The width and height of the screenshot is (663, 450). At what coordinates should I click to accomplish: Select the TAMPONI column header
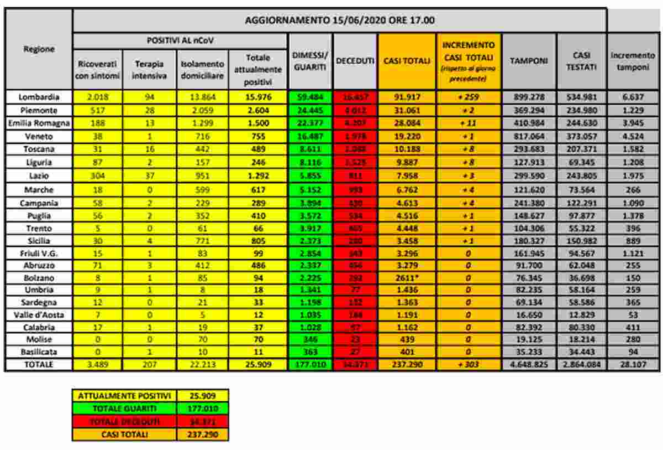click(529, 61)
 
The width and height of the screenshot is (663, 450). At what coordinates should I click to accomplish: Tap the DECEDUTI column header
click(355, 61)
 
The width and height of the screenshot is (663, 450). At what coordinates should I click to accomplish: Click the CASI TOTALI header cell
click(407, 61)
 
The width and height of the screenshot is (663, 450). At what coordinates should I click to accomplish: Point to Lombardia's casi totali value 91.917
click(407, 96)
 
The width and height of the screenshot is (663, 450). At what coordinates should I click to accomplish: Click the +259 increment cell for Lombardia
click(468, 96)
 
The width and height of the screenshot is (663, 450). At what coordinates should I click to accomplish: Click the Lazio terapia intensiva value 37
click(149, 176)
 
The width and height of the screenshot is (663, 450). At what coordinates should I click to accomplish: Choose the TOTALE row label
click(39, 365)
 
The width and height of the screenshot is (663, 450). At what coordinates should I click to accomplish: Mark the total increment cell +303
click(468, 365)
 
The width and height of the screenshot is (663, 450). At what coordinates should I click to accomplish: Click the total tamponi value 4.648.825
click(529, 365)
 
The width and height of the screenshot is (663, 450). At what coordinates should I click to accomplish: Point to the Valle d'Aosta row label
click(39, 314)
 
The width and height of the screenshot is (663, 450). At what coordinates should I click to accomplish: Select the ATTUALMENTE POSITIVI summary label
click(125, 396)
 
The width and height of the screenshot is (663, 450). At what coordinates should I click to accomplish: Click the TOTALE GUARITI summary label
click(125, 408)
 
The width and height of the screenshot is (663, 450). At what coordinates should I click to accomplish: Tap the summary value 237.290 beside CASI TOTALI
click(203, 435)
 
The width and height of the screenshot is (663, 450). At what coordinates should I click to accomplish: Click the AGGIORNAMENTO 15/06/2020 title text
click(339, 20)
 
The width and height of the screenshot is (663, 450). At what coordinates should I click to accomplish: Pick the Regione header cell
click(39, 49)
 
